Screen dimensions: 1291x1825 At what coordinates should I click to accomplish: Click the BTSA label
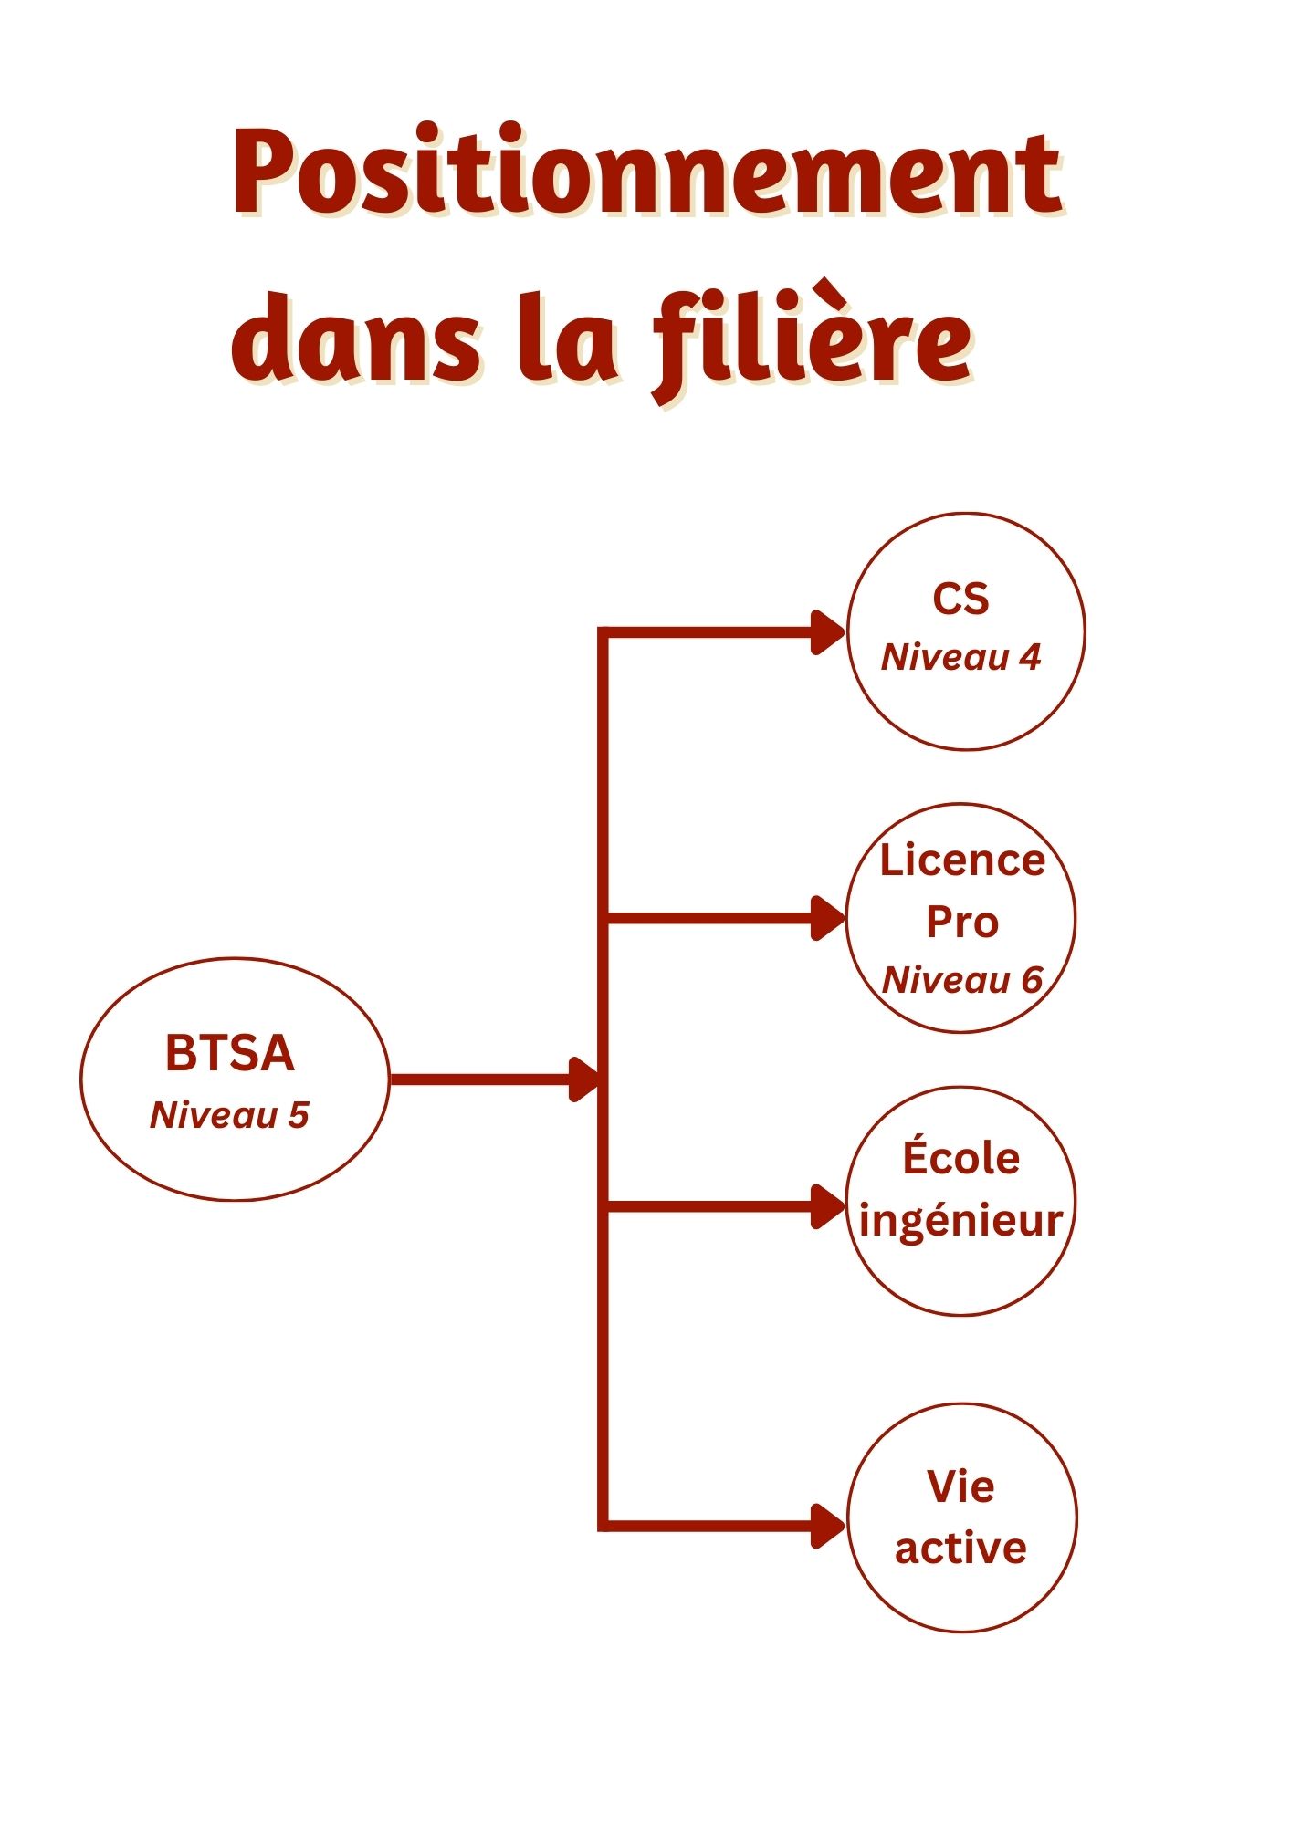click(x=230, y=1053)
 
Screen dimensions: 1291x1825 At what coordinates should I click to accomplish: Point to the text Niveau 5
click(x=230, y=1115)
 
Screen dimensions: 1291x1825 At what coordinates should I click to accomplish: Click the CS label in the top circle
click(x=960, y=600)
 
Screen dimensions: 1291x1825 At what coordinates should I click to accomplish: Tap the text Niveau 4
click(x=960, y=657)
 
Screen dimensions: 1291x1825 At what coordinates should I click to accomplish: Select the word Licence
click(x=962, y=860)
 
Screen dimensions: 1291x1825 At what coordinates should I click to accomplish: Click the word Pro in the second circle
click(x=962, y=922)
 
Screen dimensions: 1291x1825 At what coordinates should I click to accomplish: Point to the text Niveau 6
click(x=962, y=980)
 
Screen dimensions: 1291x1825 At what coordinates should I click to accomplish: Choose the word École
click(x=961, y=1156)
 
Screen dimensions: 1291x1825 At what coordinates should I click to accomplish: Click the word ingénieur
click(x=961, y=1221)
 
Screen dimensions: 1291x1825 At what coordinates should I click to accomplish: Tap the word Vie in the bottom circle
click(x=961, y=1486)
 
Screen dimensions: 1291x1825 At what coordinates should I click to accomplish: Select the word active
click(x=960, y=1548)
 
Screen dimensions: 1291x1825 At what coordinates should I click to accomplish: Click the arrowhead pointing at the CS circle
click(x=829, y=632)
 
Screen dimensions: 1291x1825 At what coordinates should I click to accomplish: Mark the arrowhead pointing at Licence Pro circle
click(x=829, y=918)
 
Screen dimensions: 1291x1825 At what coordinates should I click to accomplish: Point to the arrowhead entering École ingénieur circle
click(x=829, y=1207)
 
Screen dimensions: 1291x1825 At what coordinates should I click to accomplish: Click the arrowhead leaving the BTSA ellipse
click(x=584, y=1079)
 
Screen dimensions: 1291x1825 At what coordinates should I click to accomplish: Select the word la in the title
click(x=568, y=338)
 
